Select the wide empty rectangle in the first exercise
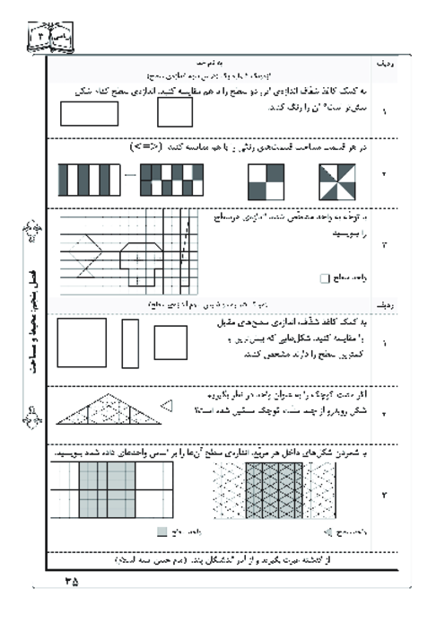coord(90,114)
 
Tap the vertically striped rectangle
coord(88,180)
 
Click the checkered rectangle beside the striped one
coord(171,180)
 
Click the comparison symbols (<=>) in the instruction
coord(144,145)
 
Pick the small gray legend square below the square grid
coord(161,531)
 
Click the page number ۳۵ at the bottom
coord(72,581)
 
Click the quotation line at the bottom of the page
coord(215,558)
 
